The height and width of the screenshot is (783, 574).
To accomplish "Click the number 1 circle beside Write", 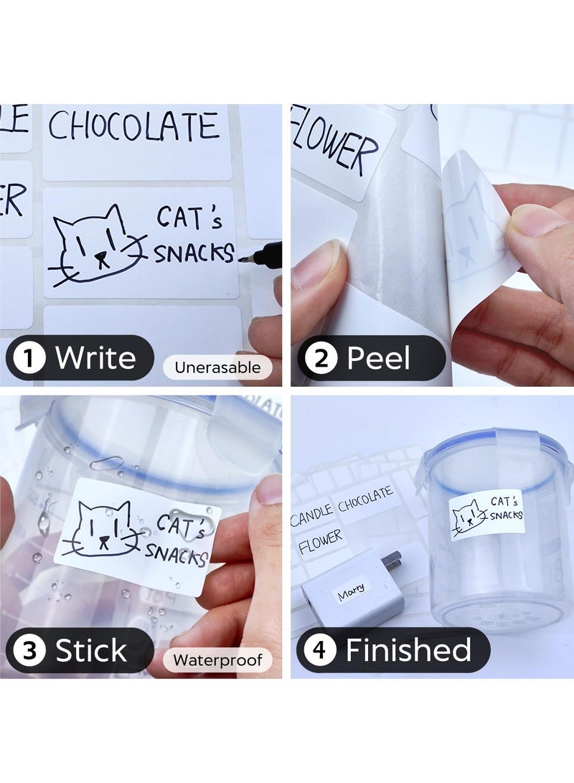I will (x=29, y=357).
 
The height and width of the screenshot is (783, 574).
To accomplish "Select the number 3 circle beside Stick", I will (x=29, y=651).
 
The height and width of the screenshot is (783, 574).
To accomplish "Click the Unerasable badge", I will (x=217, y=367).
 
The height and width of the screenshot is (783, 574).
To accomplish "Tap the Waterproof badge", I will (x=217, y=660).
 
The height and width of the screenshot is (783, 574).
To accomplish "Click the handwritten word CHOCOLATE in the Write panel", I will (x=133, y=127).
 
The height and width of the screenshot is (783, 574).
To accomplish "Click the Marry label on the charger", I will (x=351, y=590).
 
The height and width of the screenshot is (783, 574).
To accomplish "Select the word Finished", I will (x=408, y=650).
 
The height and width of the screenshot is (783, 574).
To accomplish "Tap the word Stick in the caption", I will (x=91, y=651).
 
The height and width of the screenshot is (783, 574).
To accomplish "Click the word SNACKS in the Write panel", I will (x=194, y=253).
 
